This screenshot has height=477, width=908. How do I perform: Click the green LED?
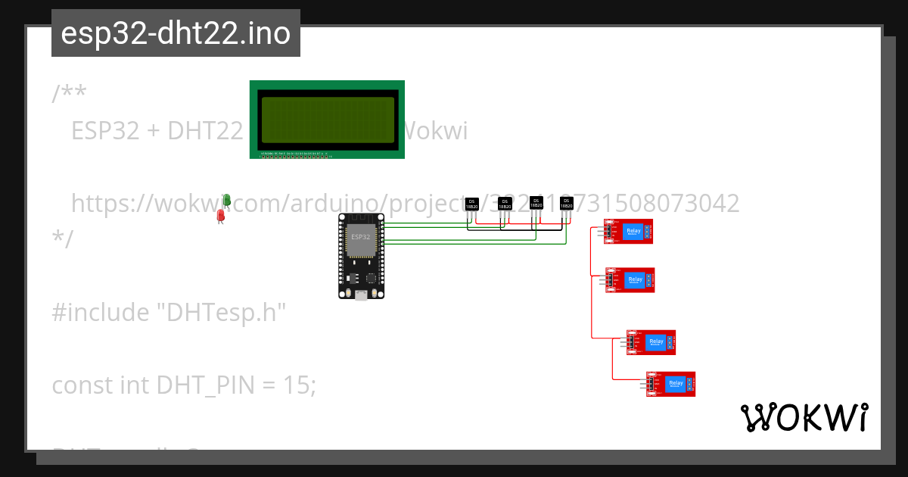[226, 199]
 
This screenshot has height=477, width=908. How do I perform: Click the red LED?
[221, 216]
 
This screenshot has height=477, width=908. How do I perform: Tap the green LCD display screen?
[327, 120]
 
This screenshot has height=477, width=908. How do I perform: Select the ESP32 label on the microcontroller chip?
[361, 238]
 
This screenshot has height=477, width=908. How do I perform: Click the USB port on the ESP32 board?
[362, 293]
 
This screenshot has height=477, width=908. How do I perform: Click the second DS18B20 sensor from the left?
[505, 204]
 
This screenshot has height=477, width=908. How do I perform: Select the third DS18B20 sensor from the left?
[536, 202]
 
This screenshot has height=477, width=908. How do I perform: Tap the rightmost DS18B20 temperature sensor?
[566, 202]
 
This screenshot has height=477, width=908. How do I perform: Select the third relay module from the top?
[651, 342]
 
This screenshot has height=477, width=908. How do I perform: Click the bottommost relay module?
[670, 384]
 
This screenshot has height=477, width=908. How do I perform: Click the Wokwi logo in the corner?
[804, 417]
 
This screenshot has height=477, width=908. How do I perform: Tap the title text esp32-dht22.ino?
[176, 34]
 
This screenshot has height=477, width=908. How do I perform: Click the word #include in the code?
[101, 312]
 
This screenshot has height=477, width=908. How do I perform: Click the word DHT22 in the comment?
[204, 131]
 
